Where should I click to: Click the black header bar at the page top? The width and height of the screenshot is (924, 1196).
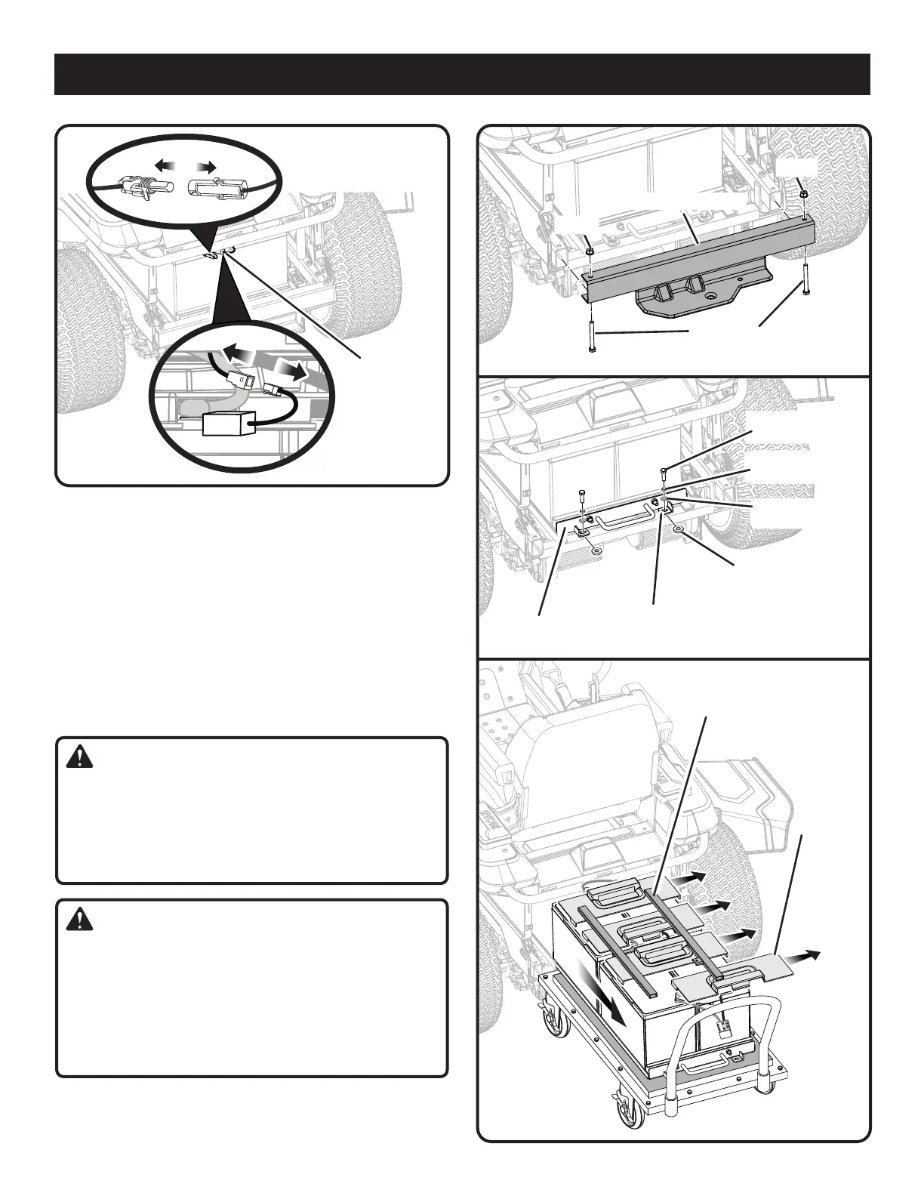tap(462, 74)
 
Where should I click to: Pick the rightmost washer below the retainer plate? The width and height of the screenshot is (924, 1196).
tap(678, 528)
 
